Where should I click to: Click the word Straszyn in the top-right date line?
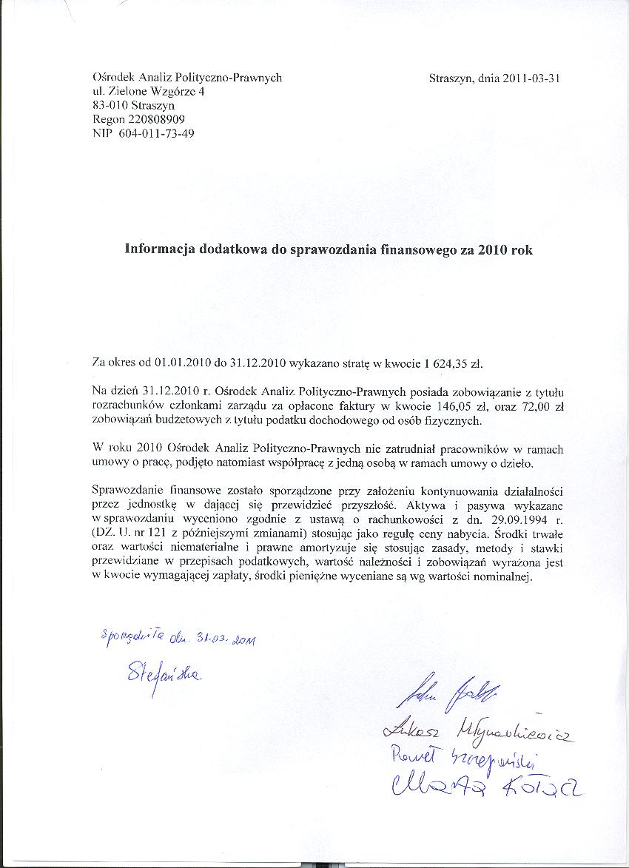point(451,78)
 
